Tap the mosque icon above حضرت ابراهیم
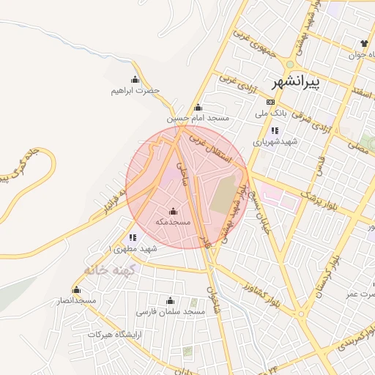[135, 79]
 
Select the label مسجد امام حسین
[198, 117]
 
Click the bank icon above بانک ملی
[271, 102]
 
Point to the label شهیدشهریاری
[272, 142]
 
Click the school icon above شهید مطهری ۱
[133, 237]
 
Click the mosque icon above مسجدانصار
[76, 289]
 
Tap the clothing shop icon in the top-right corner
[364, 42]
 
